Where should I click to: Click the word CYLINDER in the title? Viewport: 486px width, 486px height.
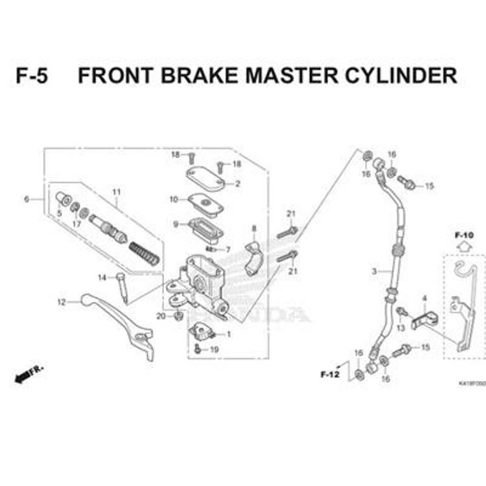[x=398, y=76]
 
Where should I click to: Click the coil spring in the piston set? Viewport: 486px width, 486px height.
[x=143, y=251]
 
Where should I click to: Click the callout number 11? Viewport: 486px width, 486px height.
[x=117, y=192]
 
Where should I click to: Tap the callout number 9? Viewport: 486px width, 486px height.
[x=175, y=224]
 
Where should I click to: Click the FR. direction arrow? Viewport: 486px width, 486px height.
[x=29, y=373]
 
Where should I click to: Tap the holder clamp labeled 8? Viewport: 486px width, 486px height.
[x=254, y=257]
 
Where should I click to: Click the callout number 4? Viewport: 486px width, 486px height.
[x=424, y=298]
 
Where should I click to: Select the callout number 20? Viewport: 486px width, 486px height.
[x=161, y=316]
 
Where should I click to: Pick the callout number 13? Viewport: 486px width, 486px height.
[x=400, y=328]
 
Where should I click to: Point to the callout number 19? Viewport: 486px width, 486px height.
[x=214, y=349]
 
